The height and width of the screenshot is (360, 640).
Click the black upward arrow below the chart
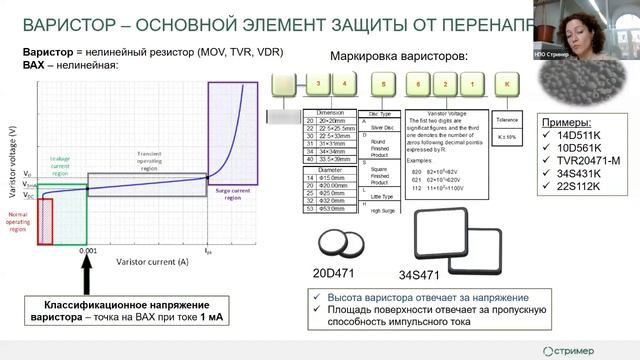(x=88, y=275)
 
